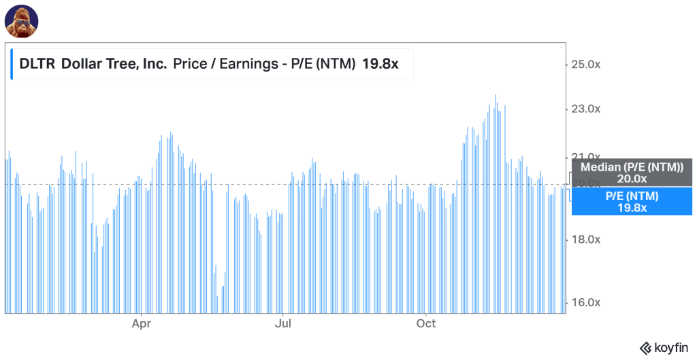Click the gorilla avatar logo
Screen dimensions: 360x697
point(21,21)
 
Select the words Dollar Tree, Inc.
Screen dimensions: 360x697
point(114,65)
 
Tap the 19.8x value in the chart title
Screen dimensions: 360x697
point(380,65)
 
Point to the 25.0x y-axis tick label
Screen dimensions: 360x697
point(585,65)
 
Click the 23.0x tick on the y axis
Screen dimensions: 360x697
point(585,109)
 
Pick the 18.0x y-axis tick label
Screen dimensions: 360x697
point(585,240)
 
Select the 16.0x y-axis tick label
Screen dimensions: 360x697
point(585,303)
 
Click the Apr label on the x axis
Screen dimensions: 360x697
point(142,323)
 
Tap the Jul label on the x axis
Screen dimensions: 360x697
point(283,323)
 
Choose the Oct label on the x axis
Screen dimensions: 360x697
point(426,323)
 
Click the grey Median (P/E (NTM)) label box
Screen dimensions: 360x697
point(632,172)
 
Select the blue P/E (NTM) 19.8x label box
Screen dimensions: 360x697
point(632,201)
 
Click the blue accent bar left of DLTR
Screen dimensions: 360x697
point(12,65)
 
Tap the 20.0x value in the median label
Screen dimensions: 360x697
point(632,179)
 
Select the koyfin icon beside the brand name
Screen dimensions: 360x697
point(643,348)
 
